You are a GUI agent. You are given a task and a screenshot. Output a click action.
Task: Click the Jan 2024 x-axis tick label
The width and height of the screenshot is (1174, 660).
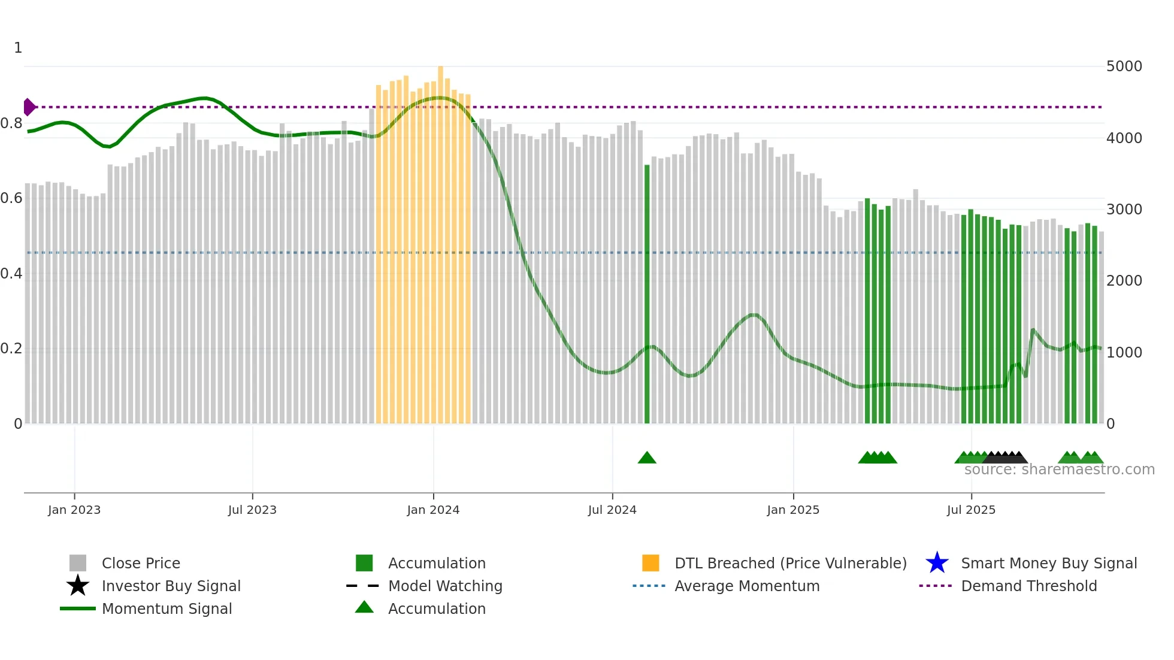point(433,510)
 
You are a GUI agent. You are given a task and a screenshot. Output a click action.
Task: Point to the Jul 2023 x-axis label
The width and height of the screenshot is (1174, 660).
point(252,510)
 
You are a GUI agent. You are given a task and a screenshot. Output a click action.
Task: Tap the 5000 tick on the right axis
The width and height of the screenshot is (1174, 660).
point(1124,66)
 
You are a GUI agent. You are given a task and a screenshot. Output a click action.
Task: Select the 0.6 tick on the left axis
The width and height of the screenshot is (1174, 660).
point(11,198)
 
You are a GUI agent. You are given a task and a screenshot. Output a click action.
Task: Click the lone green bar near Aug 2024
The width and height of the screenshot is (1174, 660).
point(647,293)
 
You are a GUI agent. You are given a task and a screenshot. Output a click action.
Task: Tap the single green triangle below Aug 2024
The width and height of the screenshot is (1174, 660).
point(647,458)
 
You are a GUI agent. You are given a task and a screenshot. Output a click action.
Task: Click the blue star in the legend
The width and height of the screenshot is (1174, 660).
point(937,563)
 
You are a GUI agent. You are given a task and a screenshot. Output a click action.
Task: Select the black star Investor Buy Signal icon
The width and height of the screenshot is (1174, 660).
point(78,586)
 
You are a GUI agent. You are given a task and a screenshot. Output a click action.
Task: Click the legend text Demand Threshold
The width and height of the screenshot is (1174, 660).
point(1028,586)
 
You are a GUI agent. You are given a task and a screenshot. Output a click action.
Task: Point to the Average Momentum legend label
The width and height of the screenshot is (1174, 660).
point(747,586)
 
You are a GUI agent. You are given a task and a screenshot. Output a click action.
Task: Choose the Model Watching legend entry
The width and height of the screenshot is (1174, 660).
point(445,586)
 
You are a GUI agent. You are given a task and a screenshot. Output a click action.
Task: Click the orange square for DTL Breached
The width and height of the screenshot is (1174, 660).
point(650,563)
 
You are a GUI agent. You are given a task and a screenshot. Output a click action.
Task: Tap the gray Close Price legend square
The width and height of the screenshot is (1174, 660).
point(78,563)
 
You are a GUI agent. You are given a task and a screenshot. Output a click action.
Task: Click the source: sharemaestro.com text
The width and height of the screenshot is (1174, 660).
point(1059,470)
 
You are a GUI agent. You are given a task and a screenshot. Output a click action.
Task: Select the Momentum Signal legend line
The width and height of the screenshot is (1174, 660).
point(78,608)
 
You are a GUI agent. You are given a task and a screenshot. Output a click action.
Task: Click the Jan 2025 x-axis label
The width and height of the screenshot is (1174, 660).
point(793,510)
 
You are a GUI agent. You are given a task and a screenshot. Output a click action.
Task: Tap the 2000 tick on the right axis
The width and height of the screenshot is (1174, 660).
point(1124,281)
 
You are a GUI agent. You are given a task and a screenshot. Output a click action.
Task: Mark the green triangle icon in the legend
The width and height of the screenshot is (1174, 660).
point(364,607)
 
